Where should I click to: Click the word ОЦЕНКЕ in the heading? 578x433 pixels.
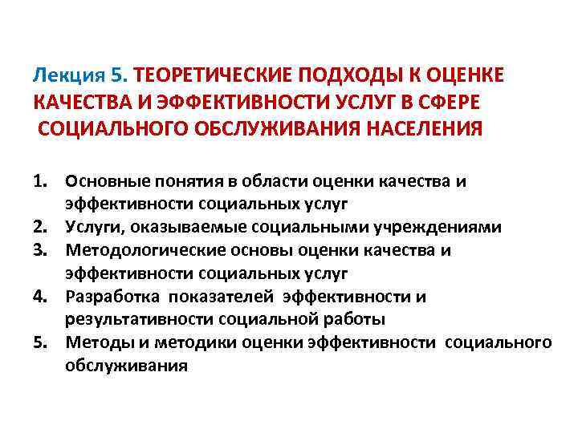(x=459, y=75)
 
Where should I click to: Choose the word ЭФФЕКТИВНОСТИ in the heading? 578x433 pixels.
(x=216, y=102)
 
